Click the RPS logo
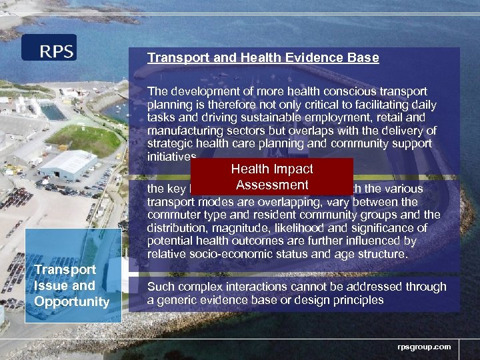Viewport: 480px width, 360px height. [x=49, y=48]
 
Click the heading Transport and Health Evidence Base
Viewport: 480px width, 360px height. [x=263, y=58]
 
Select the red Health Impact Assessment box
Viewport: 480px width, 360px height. [x=272, y=177]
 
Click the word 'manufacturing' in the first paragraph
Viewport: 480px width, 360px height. [x=182, y=131]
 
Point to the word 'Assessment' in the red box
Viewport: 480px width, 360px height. [x=272, y=185]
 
